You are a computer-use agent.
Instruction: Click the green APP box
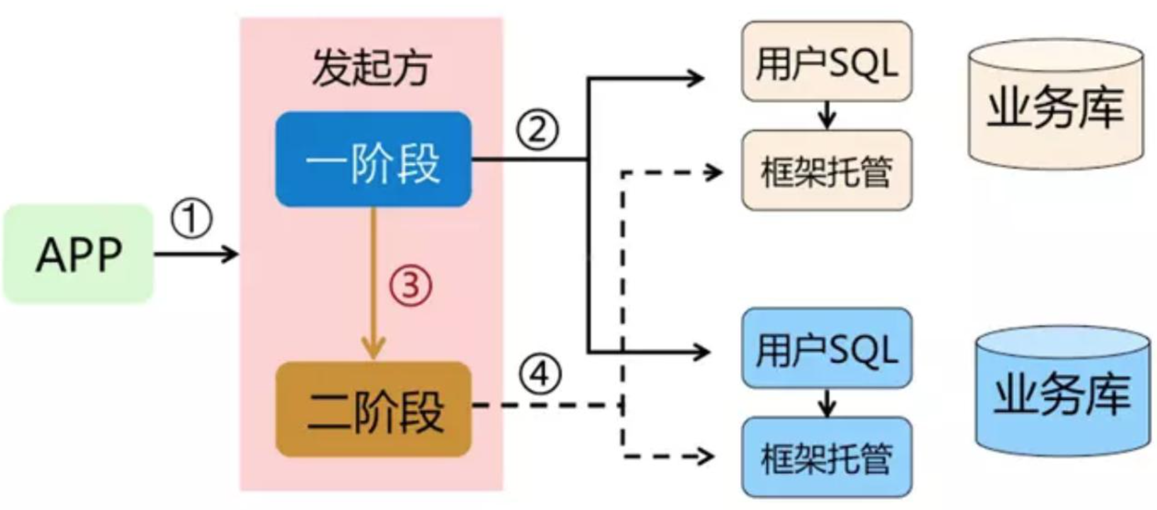[78, 254]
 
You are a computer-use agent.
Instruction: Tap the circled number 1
[191, 219]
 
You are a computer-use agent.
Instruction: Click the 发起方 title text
[372, 68]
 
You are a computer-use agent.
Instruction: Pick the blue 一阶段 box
[373, 160]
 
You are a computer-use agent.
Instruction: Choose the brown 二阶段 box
[373, 409]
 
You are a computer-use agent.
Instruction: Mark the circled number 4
[540, 375]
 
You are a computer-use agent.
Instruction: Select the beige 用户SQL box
[827, 61]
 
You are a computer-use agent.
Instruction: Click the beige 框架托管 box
[827, 170]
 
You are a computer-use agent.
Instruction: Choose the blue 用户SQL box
[827, 348]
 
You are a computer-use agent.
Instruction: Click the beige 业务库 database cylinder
[1055, 105]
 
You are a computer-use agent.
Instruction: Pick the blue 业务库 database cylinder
[1062, 393]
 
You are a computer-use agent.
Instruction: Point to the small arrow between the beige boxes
[828, 115]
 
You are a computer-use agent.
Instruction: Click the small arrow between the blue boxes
[828, 403]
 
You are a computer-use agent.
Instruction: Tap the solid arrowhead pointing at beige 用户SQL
[697, 78]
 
